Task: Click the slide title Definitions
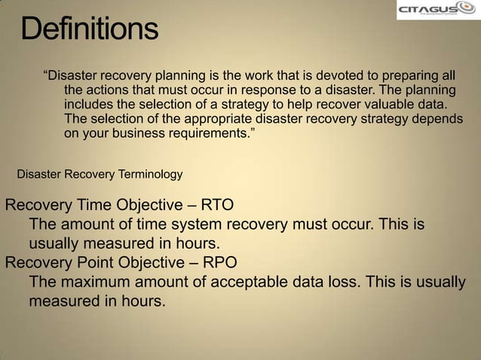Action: pos(90,30)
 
